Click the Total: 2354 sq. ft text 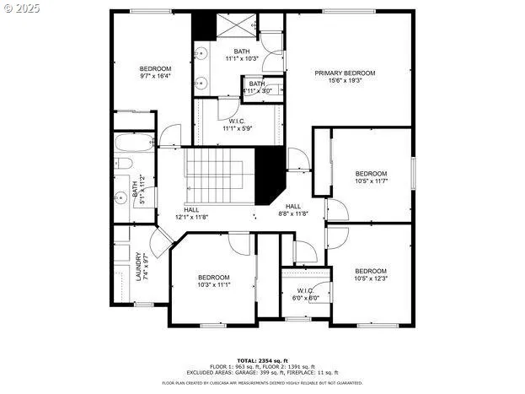click(x=262, y=360)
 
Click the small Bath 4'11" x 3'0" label click(x=257, y=87)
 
